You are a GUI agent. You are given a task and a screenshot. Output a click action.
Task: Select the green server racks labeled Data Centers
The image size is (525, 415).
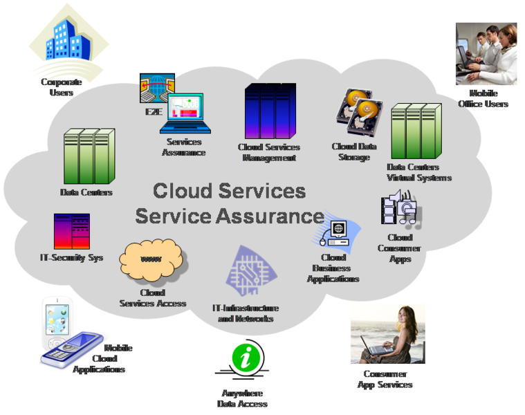point(89,156)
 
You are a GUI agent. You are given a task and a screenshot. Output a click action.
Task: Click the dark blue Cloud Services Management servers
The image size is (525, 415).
point(270,111)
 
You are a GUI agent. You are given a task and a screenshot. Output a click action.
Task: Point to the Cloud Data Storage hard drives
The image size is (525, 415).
point(358,113)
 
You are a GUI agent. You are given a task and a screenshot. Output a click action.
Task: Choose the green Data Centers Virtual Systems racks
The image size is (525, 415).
point(416,131)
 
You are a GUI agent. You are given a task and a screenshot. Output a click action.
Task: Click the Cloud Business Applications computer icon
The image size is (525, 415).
point(338,232)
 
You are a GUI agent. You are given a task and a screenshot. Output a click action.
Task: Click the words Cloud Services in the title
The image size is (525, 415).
point(229,190)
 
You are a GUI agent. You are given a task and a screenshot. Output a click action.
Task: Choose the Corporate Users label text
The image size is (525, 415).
point(61,87)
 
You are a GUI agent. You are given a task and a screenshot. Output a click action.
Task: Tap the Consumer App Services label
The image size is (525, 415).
point(385,379)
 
